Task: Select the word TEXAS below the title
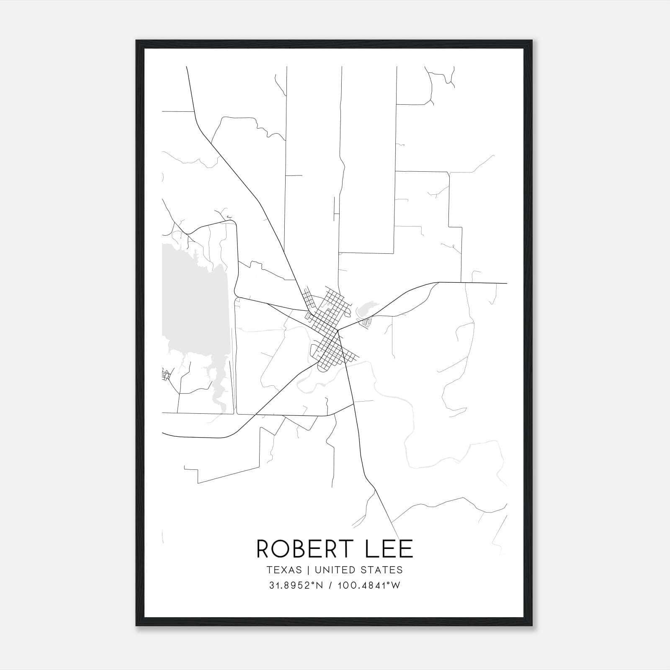[284, 570]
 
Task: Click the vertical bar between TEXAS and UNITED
[308, 570]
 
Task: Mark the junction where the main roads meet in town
[338, 330]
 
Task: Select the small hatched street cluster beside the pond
[367, 322]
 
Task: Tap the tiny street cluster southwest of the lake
[166, 375]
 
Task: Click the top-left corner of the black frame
[137, 41]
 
